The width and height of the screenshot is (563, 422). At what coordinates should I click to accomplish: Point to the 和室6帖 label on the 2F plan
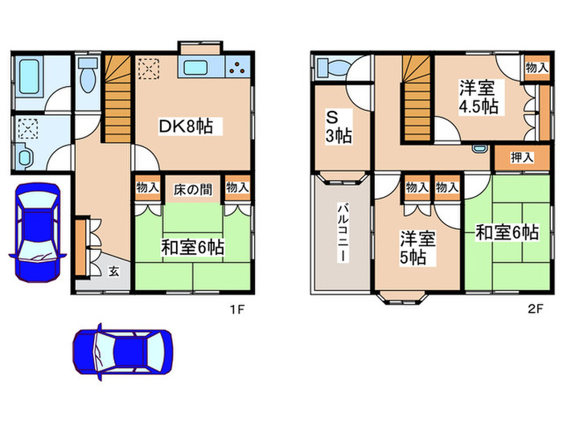click(x=506, y=232)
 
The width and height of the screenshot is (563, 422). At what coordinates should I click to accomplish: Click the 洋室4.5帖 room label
click(x=478, y=96)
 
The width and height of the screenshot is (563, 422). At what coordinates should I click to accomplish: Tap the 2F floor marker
click(x=536, y=308)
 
